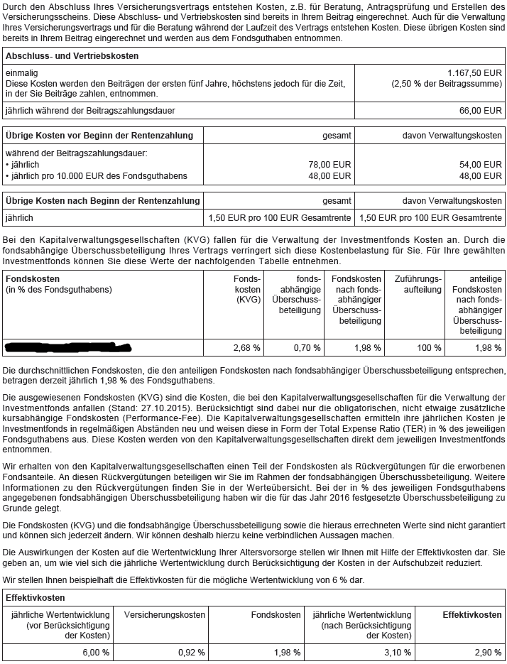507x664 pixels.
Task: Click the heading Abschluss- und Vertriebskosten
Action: pyautogui.click(x=72, y=55)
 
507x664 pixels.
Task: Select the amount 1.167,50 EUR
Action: pyautogui.click(x=475, y=73)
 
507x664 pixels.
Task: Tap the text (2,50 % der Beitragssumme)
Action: pyautogui.click(x=447, y=83)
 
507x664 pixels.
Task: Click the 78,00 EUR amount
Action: pyautogui.click(x=330, y=165)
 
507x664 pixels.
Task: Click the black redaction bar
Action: pyautogui.click(x=68, y=347)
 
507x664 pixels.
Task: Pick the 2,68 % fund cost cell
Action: pyautogui.click(x=246, y=348)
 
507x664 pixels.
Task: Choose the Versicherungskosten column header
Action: pyautogui.click(x=165, y=614)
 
